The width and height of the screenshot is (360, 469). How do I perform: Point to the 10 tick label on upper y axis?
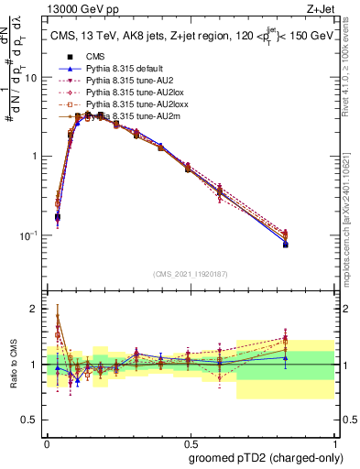pyautogui.click(x=33, y=78)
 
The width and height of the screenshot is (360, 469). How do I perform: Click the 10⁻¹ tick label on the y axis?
pyautogui.click(x=30, y=235)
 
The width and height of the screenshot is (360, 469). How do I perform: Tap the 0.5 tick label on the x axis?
pyautogui.click(x=191, y=441)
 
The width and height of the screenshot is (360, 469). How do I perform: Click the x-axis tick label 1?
pyautogui.click(x=333, y=441)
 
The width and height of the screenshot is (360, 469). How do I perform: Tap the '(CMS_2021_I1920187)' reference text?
pyautogui.click(x=191, y=274)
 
